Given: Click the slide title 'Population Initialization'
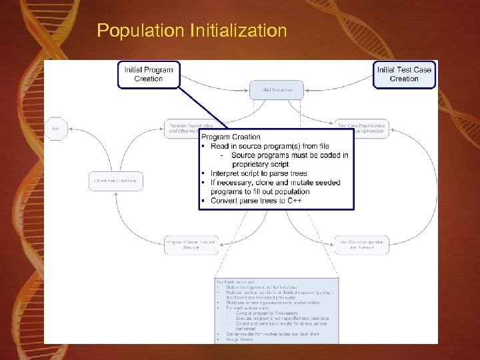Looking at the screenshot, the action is point(192,31).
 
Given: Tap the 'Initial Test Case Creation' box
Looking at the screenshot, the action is point(404,74).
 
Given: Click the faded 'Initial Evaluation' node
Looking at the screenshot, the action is point(276,89).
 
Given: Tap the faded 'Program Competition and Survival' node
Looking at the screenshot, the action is point(191,245).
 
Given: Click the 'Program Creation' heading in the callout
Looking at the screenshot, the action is point(231,137).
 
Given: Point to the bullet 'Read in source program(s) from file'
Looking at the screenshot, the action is point(274,146).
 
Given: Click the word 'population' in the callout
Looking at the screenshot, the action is point(291,191).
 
